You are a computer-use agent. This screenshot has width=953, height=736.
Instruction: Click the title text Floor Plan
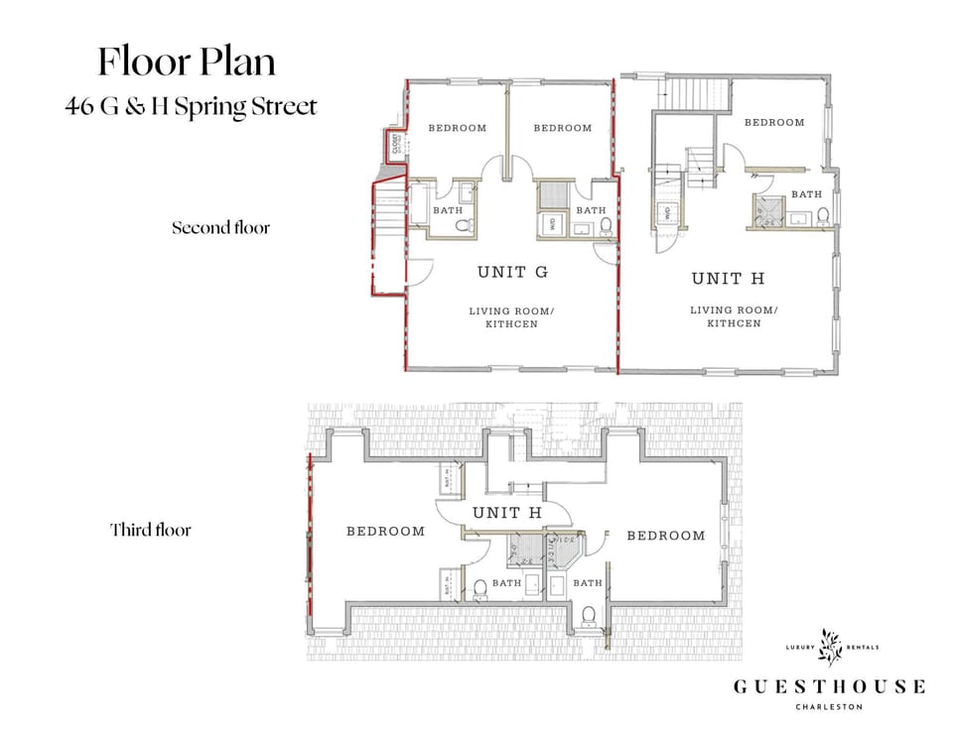point(186,61)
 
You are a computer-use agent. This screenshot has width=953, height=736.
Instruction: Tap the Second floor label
point(220,228)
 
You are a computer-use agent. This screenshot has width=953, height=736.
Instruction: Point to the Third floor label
point(150,530)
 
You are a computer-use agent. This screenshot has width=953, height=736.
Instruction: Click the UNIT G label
point(512,273)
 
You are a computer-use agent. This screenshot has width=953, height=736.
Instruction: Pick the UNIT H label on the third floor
point(506,513)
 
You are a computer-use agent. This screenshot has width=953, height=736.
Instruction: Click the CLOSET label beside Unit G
point(395,145)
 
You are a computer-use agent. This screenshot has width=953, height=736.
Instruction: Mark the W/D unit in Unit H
point(667,211)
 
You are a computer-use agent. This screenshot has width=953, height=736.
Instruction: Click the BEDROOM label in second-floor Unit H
point(774,123)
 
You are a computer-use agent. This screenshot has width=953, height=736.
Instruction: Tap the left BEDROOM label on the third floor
point(385,532)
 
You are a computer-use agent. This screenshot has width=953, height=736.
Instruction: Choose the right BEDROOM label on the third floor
point(665,536)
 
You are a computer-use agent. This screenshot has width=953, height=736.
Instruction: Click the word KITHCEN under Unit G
point(511,324)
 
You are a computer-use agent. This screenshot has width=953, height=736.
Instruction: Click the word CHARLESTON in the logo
point(829,706)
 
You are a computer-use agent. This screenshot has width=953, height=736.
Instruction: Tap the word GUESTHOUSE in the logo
point(829,686)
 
